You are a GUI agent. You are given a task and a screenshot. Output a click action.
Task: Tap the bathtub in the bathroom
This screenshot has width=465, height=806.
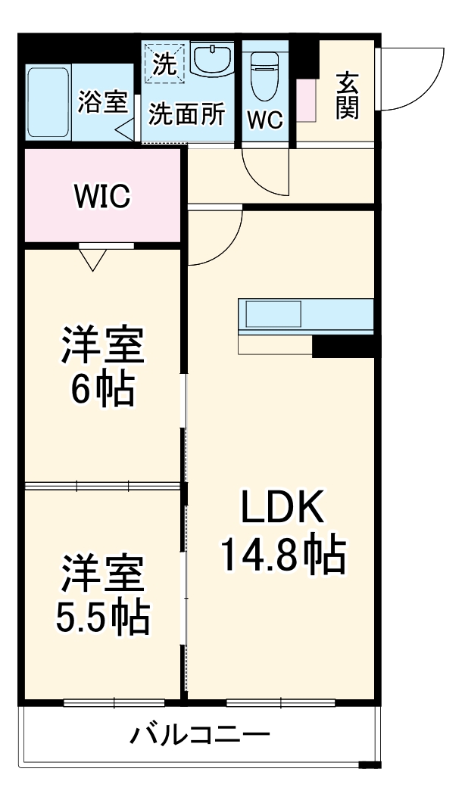(x=48, y=102)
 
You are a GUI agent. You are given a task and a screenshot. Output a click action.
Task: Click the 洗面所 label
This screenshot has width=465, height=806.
(x=186, y=114)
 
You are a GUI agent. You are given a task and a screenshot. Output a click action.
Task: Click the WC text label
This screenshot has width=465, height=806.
(x=265, y=120)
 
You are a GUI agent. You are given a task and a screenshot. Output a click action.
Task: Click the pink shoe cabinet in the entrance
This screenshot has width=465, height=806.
(x=306, y=99)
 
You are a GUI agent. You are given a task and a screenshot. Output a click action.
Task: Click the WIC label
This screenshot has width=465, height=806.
(x=102, y=197)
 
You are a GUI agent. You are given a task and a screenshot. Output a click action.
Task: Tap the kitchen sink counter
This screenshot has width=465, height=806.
(x=306, y=316)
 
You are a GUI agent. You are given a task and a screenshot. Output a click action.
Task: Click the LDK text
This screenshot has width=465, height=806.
(x=282, y=508)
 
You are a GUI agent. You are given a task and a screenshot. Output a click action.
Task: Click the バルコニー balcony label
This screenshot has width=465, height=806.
(x=198, y=734)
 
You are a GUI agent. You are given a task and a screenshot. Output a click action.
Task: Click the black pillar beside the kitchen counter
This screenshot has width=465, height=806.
(x=345, y=346)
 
